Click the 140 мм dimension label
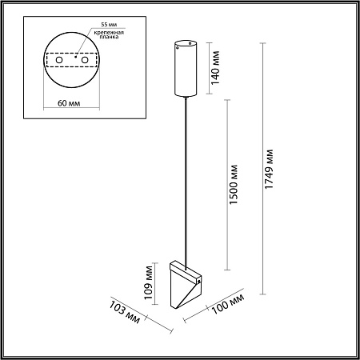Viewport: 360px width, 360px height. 215,67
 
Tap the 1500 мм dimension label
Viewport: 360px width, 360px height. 234,185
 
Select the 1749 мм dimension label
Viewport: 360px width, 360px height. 269,169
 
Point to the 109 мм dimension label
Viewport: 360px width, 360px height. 148,282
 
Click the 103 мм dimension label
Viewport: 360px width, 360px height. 124,312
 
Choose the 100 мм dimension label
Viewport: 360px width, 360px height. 228,304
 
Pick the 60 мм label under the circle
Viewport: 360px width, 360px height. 69,103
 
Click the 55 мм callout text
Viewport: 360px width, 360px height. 109,24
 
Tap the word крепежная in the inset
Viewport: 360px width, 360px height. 109,33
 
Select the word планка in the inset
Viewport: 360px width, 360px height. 109,37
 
